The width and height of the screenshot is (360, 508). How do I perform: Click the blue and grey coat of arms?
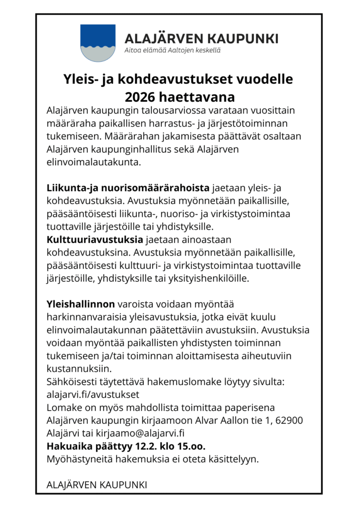(x=98, y=43)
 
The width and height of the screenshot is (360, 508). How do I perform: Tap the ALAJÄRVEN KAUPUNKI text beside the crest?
(x=201, y=38)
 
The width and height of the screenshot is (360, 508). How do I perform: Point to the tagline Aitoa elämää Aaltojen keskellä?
(x=172, y=50)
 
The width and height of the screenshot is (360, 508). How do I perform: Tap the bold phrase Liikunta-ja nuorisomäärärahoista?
(x=127, y=188)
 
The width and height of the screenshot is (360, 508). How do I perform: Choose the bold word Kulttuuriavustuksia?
(x=94, y=240)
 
